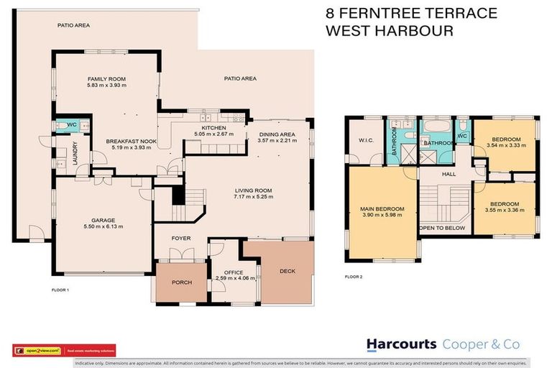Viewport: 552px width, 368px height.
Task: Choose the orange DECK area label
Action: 287,272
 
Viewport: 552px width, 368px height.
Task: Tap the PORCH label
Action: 182,282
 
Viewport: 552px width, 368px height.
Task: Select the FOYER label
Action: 180,238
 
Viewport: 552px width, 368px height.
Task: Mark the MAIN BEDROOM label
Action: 382,209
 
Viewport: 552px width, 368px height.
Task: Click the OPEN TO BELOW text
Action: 442,228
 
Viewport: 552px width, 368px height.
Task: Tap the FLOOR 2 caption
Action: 353,276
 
